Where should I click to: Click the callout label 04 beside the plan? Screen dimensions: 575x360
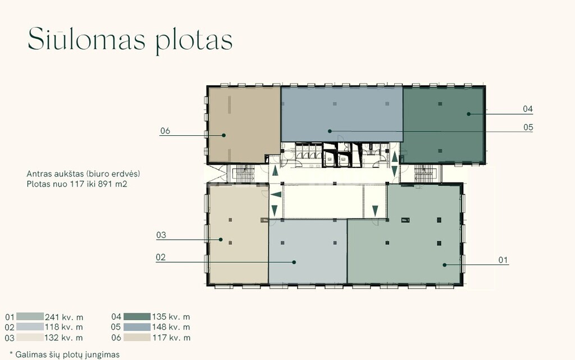528,109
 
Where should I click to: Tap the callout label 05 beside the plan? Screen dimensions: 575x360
528,127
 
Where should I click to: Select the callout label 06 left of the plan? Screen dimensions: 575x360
165,131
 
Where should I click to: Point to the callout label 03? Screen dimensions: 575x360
161,235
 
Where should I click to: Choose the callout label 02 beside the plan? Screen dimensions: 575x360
161,257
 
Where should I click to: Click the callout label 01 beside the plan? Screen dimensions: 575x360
503,260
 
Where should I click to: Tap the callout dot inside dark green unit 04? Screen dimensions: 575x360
469,114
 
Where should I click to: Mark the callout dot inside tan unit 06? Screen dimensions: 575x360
223,135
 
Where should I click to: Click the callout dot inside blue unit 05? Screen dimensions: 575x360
330,131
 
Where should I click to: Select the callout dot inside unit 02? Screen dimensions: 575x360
294,262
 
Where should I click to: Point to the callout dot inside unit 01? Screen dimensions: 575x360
445,265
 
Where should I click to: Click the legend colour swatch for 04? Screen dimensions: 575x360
137,317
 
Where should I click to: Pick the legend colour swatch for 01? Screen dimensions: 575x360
30,317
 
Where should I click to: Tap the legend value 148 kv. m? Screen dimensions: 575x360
171,327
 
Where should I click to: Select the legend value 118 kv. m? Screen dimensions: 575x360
64,327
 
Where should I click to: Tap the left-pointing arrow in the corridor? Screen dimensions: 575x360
276,195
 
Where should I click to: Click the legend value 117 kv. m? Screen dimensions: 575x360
171,338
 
